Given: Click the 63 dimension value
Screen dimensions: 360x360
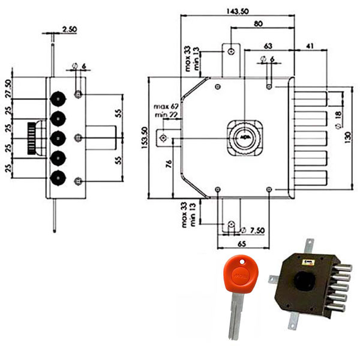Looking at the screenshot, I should pos(268,46).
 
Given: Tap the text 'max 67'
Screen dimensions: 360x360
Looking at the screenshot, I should pos(163,107).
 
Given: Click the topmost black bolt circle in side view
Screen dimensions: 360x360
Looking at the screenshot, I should pos(58,98).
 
